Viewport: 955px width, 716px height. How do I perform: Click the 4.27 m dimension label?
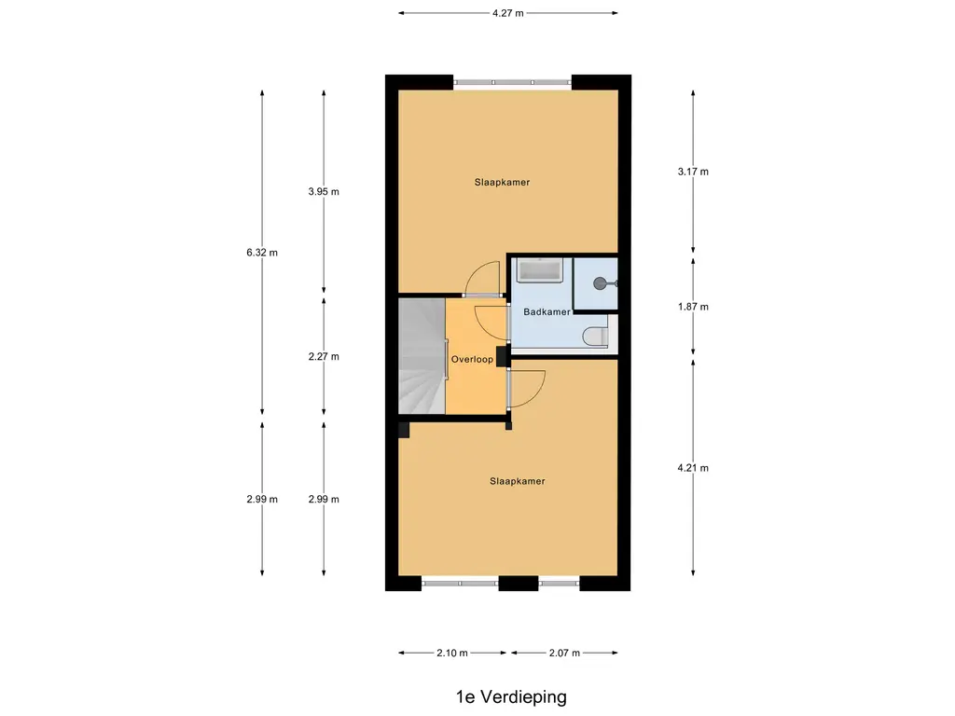tap(508, 13)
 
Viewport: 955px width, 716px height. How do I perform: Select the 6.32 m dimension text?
tap(262, 253)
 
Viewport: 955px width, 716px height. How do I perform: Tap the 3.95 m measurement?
tap(324, 191)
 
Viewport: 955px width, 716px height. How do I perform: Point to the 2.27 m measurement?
tap(324, 357)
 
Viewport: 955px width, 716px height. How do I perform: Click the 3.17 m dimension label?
tap(693, 172)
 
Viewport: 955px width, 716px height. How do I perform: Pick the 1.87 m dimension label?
tap(693, 307)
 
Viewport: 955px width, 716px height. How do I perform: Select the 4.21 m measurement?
tap(693, 468)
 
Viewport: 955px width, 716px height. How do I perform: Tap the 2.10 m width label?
tap(452, 654)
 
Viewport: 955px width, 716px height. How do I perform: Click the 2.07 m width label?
tap(564, 654)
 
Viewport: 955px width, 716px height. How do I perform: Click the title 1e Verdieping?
tap(511, 697)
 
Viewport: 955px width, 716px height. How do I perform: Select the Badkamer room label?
tap(547, 311)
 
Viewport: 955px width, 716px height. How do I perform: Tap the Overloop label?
tap(472, 359)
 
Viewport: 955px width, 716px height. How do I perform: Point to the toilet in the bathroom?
tap(596, 337)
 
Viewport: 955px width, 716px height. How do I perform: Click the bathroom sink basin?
tap(539, 270)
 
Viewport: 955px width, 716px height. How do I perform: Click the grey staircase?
tap(422, 356)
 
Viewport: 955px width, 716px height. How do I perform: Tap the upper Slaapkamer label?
tap(502, 182)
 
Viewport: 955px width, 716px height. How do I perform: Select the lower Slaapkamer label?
tap(517, 481)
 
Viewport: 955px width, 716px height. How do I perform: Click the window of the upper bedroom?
tap(512, 82)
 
